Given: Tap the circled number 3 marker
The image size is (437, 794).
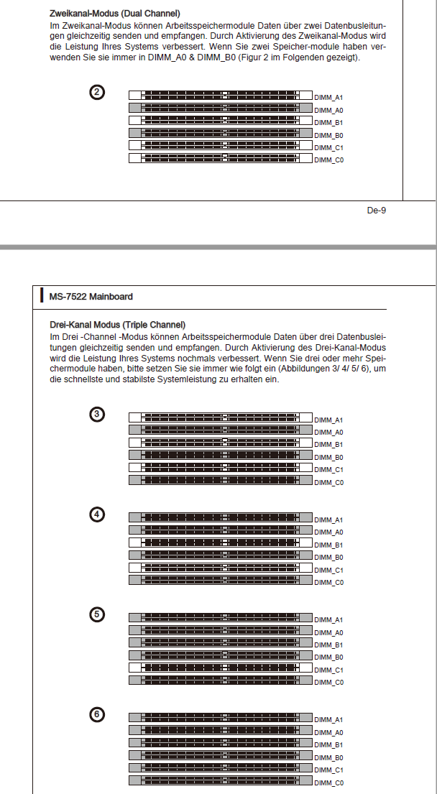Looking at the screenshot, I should pos(98,414).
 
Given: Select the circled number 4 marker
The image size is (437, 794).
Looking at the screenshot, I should pos(98,514).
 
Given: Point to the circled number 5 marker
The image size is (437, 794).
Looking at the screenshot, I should pos(98,614).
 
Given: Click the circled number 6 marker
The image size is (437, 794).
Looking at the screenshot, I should pos(98,714).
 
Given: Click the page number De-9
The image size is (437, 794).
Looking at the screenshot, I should pos(377,211).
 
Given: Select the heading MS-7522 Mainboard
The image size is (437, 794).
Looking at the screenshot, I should pos(91,296).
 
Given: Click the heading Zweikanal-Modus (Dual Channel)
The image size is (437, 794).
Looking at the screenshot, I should pos(115,14).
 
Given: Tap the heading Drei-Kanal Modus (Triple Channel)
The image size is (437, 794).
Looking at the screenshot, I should pos(117,325).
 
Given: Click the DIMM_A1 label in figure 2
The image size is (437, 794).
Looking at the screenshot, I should pos(328,97).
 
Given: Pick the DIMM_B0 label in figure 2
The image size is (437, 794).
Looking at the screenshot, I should pos(328,135).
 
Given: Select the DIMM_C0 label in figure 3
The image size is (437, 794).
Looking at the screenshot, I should pos(328,483).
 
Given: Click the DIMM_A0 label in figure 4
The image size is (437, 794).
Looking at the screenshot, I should pos(328,532).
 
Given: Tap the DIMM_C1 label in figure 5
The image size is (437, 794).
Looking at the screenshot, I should pos(328,670).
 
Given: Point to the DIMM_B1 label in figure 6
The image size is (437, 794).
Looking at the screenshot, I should pos(328,745).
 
